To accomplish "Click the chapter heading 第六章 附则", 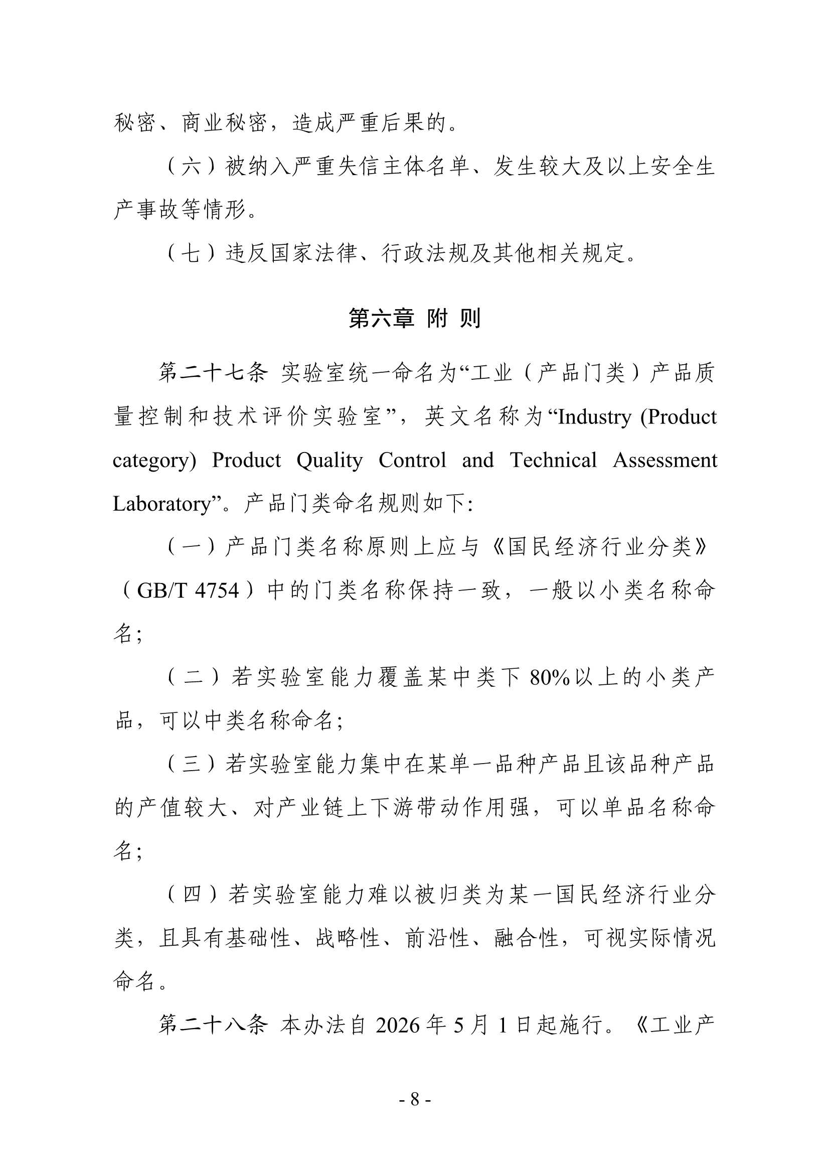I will pyautogui.click(x=414, y=318).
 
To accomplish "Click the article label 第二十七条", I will pyautogui.click(x=213, y=373).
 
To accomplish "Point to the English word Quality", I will pyautogui.click(x=329, y=460).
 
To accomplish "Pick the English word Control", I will pyautogui.click(x=412, y=460).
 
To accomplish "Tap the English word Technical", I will pyautogui.click(x=553, y=460).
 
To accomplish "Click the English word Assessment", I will pyautogui.click(x=665, y=460).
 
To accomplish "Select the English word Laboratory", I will pyautogui.click(x=161, y=504).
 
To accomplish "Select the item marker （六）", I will pyautogui.click(x=191, y=167).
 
